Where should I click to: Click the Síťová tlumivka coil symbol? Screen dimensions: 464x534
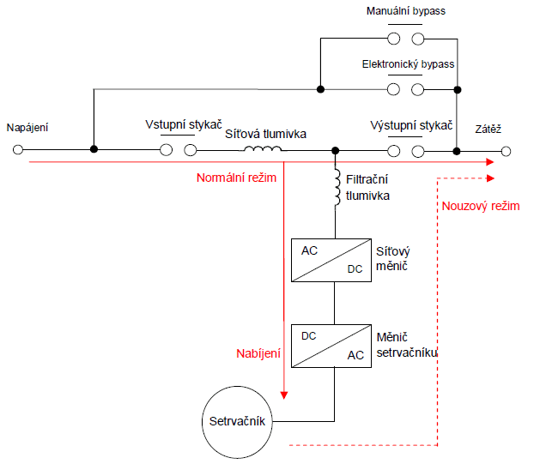coord(263,151)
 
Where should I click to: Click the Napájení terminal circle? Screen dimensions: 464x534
coord(17,151)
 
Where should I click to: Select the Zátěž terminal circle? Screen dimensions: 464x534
coord(507,151)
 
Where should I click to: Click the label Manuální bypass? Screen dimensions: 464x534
coord(405,11)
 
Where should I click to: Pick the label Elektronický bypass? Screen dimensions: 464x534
coord(408,64)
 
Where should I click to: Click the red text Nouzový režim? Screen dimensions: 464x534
coord(480,206)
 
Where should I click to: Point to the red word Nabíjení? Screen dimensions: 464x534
coord(258,353)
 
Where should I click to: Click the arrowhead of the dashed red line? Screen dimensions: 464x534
coord(492,178)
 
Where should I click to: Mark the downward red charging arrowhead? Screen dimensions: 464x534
coord(283,396)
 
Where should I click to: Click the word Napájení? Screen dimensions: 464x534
coord(27,128)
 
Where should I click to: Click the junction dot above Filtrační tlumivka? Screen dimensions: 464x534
coord(335,151)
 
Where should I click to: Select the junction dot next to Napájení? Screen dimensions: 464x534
coord(94,151)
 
